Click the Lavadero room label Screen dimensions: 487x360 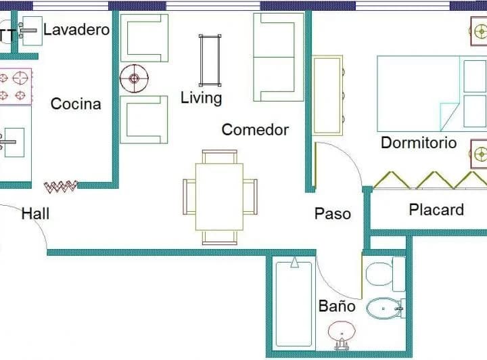[x=76, y=30]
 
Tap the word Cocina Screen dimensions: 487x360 [x=76, y=104]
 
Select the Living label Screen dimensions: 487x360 [x=202, y=98]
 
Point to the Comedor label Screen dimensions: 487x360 [x=255, y=129]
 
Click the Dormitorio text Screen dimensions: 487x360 [x=419, y=143]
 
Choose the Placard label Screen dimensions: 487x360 [x=436, y=210]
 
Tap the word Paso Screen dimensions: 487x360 [x=333, y=214]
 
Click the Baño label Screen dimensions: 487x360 [x=337, y=306]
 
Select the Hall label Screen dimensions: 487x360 [x=35, y=214]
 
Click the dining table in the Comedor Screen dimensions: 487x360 [x=219, y=197]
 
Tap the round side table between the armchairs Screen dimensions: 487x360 [x=134, y=78]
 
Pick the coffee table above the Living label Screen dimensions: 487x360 [x=210, y=61]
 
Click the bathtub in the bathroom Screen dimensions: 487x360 [x=294, y=304]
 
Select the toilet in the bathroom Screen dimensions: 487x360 [x=386, y=274]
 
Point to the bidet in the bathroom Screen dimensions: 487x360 [x=386, y=309]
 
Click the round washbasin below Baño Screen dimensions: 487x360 [x=342, y=334]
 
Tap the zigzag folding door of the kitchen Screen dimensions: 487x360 [x=61, y=186]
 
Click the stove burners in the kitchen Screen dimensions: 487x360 [x=16, y=87]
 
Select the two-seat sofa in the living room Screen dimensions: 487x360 [x=278, y=57]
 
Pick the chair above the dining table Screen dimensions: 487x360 [x=220, y=156]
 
